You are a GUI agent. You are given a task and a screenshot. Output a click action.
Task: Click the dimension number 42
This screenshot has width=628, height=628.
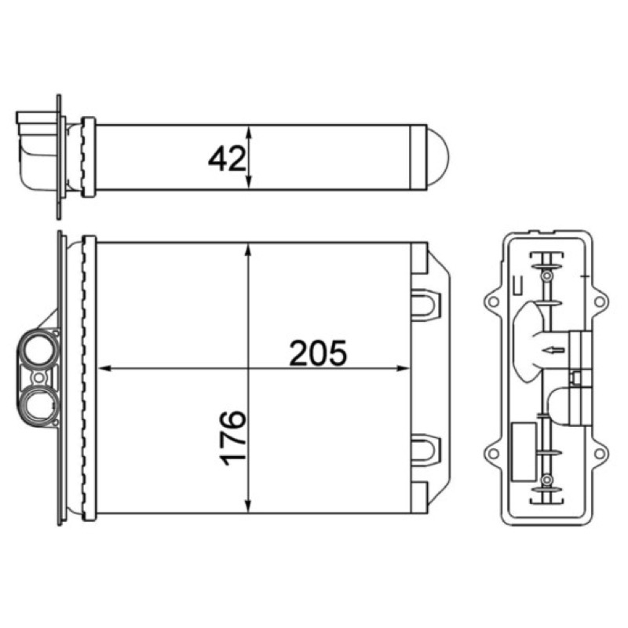tap(226, 159)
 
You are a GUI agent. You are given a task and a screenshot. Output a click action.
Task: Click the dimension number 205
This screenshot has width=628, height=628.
tap(318, 353)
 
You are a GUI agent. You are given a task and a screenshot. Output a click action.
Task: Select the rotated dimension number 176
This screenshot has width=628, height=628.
tap(233, 437)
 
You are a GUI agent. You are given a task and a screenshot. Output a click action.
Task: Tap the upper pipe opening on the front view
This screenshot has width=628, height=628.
tap(38, 349)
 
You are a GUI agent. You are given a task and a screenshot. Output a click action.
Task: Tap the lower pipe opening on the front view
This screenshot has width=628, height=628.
tap(38, 406)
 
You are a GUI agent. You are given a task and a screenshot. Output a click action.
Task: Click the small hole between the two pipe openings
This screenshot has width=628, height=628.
tap(38, 378)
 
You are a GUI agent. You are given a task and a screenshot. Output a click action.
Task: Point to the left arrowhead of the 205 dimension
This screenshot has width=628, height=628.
tap(105, 368)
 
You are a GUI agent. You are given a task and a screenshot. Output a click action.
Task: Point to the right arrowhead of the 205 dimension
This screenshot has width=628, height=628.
tap(403, 368)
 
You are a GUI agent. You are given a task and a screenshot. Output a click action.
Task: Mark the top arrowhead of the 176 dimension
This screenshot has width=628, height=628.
tap(249, 250)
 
